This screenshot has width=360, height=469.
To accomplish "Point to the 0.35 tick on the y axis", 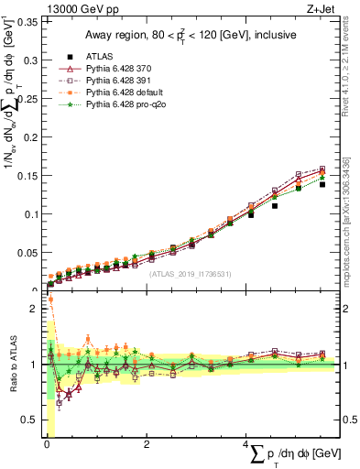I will click(28, 22).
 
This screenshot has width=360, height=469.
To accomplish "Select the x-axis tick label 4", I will click(245, 445).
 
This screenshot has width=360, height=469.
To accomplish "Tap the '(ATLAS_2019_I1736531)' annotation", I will click(189, 273).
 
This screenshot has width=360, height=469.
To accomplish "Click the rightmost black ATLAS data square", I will click(322, 184).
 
